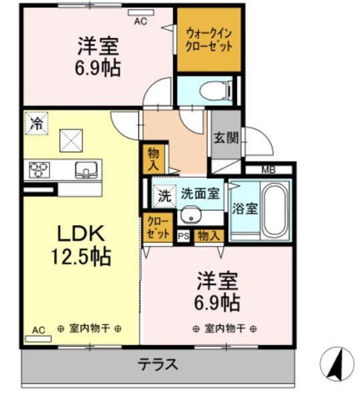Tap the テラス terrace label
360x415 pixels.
pos(157,364)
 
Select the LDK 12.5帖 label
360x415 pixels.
pos(81,244)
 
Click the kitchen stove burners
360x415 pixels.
pos(39,169)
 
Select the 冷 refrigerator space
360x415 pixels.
pos(36,122)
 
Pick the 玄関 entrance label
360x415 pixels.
pos(225,138)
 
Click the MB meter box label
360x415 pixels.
pos(268,169)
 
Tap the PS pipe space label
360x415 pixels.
pos(183,235)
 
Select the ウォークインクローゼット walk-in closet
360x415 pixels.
pos(208,39)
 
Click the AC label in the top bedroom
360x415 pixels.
pos(141,22)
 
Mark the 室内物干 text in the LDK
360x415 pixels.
pos(89,329)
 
